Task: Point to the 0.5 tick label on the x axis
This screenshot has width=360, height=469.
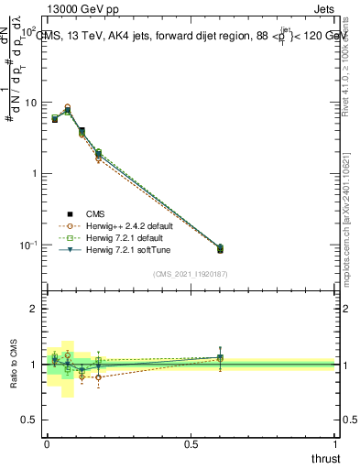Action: [191, 444]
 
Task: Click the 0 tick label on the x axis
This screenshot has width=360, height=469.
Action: [47, 444]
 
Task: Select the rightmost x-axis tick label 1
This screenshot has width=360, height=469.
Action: [335, 444]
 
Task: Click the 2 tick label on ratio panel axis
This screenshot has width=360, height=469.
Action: [34, 309]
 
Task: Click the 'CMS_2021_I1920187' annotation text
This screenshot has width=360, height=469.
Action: [190, 273]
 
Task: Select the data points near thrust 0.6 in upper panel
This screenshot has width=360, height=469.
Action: [219, 248]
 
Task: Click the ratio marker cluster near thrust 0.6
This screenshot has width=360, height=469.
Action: [219, 358]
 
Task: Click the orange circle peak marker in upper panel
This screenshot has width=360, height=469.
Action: [67, 107]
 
